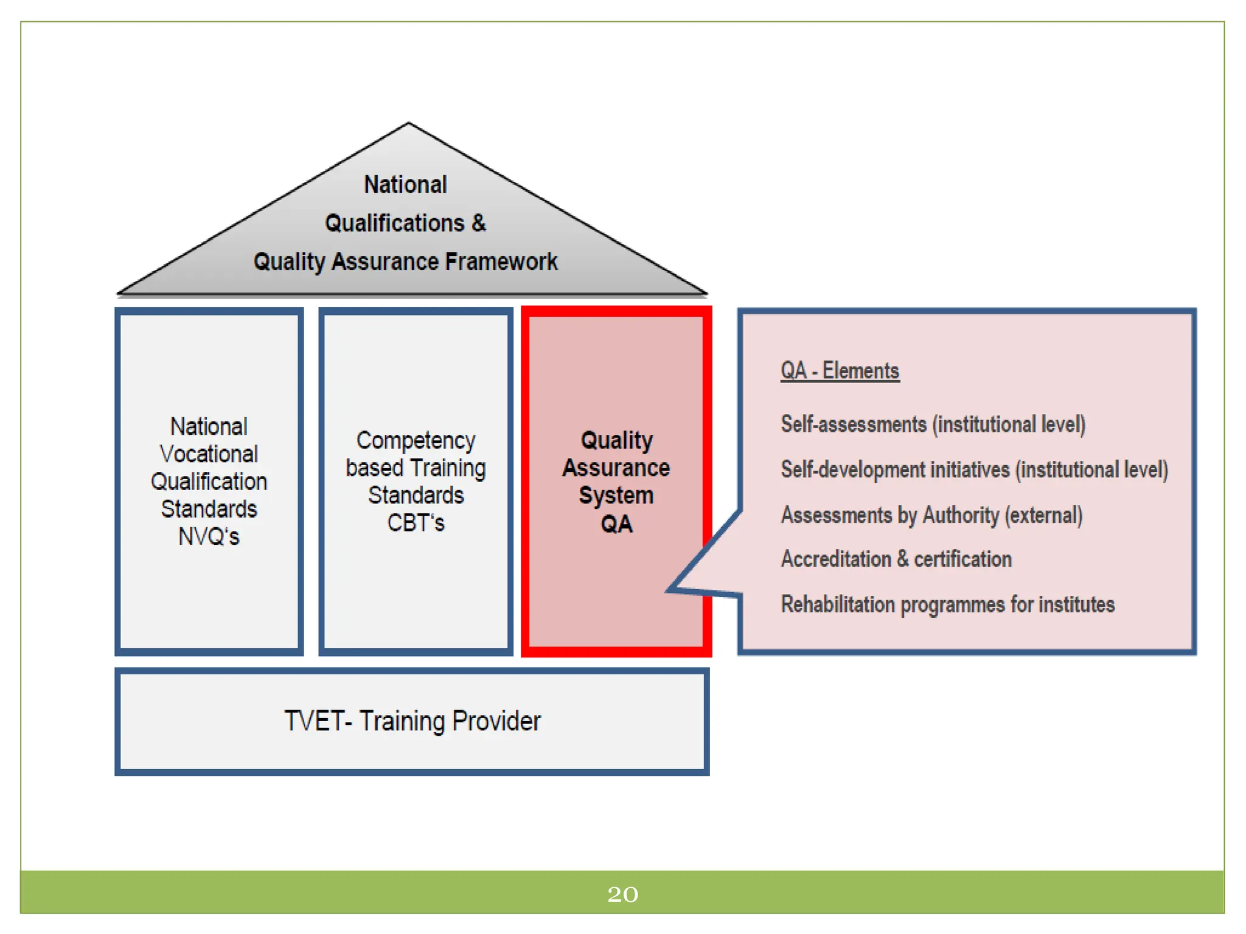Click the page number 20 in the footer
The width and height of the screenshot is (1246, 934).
(622, 894)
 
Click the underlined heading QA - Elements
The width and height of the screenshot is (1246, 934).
(840, 370)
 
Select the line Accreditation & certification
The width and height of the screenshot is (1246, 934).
(896, 559)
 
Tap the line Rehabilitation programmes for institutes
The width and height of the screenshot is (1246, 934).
(947, 604)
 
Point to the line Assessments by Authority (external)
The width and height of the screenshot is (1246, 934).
(931, 515)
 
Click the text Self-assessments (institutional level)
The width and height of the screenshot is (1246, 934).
(933, 424)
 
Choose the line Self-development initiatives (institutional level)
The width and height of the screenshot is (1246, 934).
(974, 469)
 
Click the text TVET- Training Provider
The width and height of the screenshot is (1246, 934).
(412, 721)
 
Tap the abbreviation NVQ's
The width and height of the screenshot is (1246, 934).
(209, 536)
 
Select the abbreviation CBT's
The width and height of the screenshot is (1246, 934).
(416, 523)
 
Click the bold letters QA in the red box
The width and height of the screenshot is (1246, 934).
(616, 524)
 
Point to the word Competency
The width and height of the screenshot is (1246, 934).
(416, 440)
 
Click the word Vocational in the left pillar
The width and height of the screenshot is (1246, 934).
(209, 454)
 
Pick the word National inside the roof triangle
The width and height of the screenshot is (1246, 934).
(405, 184)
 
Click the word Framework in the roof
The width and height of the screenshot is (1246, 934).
(501, 261)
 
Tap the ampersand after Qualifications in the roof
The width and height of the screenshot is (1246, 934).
(479, 223)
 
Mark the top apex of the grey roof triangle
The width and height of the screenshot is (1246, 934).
(408, 124)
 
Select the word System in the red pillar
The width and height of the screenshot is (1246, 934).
(616, 496)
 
